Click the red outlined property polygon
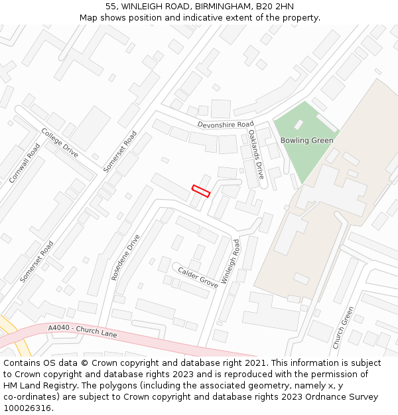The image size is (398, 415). point(201,191)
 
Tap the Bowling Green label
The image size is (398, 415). point(306,140)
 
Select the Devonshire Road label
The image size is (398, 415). point(226,125)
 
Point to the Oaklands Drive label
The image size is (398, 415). point(256,154)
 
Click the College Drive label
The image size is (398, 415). point(60,143)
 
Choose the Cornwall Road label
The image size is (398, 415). point(25,163)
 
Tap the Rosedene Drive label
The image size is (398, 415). point(126,257)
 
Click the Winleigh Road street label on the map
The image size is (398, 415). point(231,262)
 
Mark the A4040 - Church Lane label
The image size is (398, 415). point(82,331)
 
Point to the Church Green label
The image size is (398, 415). point(343,327)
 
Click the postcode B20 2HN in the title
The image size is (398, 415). point(275,6)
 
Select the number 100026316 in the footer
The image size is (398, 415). point(27,408)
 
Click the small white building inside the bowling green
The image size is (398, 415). point(299,124)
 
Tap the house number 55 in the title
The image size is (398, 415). point(111,6)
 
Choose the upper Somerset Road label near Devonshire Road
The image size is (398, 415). point(120,151)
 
